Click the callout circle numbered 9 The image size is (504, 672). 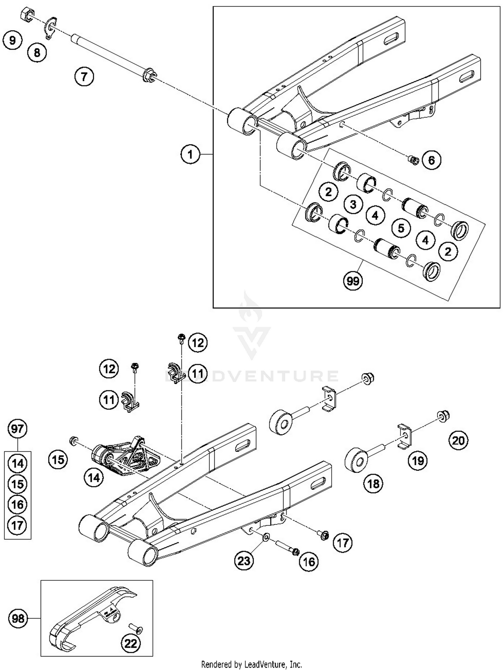12,41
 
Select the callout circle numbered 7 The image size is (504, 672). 84,77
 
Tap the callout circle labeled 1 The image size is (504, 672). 190,154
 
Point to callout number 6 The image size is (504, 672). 431,160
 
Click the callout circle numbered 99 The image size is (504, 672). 353,281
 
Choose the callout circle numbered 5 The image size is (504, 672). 401,228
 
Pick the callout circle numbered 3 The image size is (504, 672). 353,204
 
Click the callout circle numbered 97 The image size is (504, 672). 17,429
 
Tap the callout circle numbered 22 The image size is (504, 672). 131,643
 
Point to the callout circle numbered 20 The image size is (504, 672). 458,440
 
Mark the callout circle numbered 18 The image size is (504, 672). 373,484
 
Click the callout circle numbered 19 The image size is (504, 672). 418,461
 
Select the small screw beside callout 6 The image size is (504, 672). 413,160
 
